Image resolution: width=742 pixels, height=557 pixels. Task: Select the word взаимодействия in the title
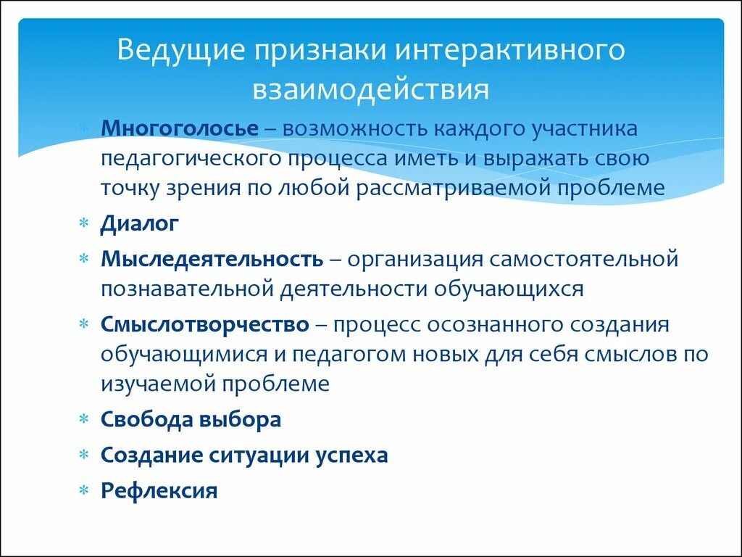(x=371, y=89)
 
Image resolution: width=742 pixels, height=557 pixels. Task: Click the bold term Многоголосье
(x=180, y=129)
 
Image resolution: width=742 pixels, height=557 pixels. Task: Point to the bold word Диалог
(x=139, y=223)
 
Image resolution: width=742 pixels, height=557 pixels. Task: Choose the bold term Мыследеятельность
(x=212, y=259)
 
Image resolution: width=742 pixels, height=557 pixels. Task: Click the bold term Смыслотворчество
(x=205, y=324)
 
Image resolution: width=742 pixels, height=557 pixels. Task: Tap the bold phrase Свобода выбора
(x=191, y=419)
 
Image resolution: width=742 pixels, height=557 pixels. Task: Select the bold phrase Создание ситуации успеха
(x=244, y=455)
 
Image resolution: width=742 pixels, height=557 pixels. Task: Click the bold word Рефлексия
(x=159, y=491)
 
